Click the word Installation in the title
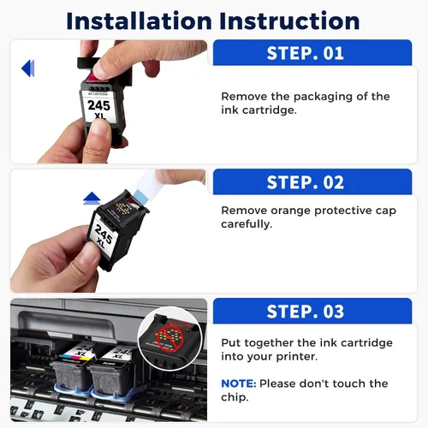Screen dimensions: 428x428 [139, 21]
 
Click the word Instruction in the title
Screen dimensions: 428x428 [289, 21]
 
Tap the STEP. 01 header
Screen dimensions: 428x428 [306, 53]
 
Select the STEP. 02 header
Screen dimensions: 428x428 [306, 182]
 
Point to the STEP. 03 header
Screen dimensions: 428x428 [306, 312]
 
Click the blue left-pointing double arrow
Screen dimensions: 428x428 [28, 68]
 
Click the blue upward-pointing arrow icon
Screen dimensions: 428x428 [92, 198]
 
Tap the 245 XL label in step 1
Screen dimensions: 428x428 [99, 109]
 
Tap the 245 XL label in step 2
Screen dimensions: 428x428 [103, 235]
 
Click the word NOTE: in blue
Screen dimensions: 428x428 [239, 383]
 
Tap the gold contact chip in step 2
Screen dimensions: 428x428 [123, 209]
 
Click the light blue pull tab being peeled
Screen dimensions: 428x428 [140, 196]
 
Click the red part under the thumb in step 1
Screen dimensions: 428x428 [93, 77]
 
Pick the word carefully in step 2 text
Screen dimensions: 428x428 [247, 224]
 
